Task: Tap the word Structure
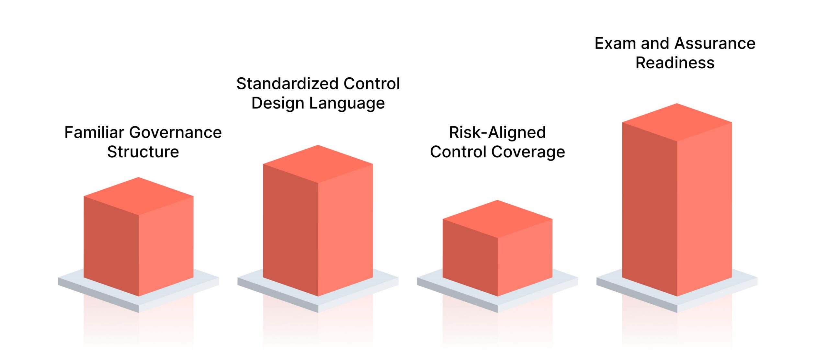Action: point(143,152)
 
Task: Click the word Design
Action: point(278,103)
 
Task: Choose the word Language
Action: point(347,103)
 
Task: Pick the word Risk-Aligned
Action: point(497,132)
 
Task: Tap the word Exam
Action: point(615,43)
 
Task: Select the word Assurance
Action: point(716,43)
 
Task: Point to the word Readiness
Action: point(675,63)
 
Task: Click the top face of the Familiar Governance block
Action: point(139,196)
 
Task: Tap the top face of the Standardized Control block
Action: point(318,164)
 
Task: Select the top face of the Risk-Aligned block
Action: point(497,219)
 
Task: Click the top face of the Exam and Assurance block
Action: point(677,122)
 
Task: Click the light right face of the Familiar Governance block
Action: point(166,246)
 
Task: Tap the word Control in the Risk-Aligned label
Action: point(458,152)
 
